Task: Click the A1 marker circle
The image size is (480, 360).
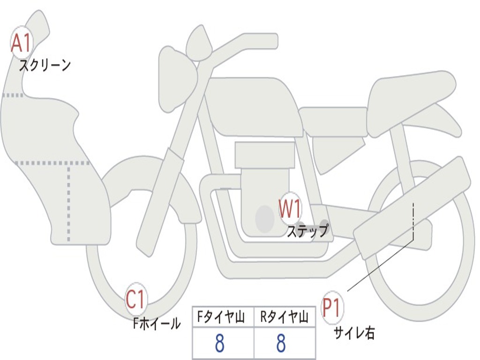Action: point(21,44)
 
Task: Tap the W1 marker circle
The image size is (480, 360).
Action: point(290,209)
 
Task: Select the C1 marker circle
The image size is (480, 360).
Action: point(136,300)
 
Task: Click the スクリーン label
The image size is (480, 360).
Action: point(45,65)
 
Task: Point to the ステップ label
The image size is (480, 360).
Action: point(307,231)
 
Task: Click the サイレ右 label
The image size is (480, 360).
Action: point(354,333)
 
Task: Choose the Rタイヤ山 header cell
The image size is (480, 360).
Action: point(284,318)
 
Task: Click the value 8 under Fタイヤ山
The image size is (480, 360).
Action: point(219,344)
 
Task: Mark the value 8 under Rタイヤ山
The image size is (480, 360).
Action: point(281,344)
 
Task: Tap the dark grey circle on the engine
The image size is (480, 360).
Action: point(265,218)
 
